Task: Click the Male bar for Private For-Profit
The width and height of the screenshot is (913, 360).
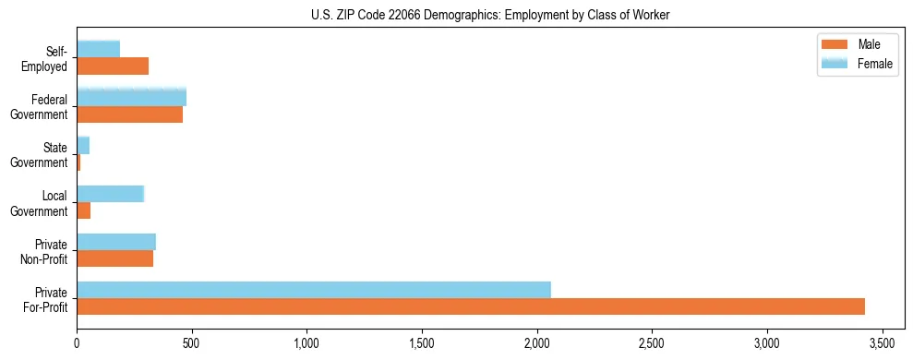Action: (471, 306)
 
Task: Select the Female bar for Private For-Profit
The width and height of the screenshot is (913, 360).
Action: (314, 290)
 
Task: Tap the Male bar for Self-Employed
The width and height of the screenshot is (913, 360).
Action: (113, 66)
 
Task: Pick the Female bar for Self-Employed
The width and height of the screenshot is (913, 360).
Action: (99, 49)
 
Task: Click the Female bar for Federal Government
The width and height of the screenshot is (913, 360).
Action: (131, 97)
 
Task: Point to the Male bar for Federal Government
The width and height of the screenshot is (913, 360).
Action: (129, 114)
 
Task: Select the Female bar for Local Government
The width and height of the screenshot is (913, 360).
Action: (110, 194)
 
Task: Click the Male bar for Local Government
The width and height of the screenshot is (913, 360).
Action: (84, 211)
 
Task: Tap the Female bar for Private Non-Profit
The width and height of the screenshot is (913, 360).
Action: (116, 242)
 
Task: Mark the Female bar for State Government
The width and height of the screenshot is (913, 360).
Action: (83, 146)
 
